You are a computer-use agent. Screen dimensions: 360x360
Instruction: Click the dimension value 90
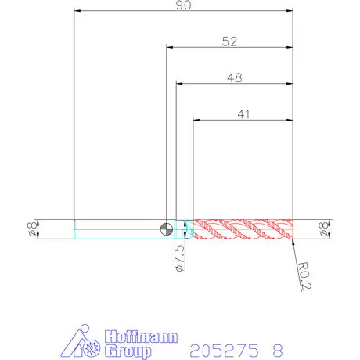tap(183, 5)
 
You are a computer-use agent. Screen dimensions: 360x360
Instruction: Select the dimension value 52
tap(229, 41)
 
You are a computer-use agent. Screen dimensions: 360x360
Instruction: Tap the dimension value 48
tap(235, 77)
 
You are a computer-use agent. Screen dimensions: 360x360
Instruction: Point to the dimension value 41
tap(243, 114)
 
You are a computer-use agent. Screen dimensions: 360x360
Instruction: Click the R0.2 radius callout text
tap(304, 276)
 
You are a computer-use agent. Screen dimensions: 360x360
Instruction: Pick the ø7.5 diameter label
tap(180, 258)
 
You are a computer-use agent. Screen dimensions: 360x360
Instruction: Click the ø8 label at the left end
tap(32, 229)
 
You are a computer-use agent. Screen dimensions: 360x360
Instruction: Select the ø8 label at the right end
tap(323, 229)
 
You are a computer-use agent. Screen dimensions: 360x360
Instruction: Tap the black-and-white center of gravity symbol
tap(167, 229)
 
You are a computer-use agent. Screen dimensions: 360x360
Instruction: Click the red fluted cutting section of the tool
tap(243, 229)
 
